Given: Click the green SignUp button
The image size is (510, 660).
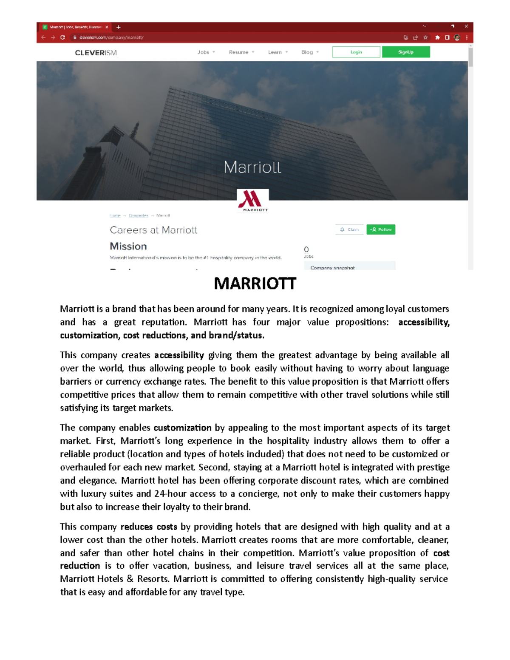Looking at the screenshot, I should pyautogui.click(x=406, y=52).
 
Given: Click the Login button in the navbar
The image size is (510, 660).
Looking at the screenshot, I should pyautogui.click(x=356, y=52).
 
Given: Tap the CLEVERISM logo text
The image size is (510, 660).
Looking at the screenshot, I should pyautogui.click(x=96, y=53).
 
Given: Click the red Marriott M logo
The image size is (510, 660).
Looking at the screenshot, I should pyautogui.click(x=253, y=200).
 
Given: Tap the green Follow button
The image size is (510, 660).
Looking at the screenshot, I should pyautogui.click(x=381, y=229).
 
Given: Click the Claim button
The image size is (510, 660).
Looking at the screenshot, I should pyautogui.click(x=349, y=229).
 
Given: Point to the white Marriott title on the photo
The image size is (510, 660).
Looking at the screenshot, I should pyautogui.click(x=252, y=167).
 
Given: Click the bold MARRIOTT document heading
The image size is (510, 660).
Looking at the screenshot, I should pyautogui.click(x=255, y=283).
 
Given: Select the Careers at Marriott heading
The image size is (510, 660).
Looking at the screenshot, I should pyautogui.click(x=153, y=230).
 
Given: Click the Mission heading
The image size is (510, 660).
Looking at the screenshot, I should pyautogui.click(x=128, y=246).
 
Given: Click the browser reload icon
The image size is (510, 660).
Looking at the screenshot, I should pyautogui.click(x=62, y=37).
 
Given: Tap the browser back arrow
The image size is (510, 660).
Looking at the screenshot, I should pyautogui.click(x=43, y=37).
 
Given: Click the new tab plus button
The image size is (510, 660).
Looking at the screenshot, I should pyautogui.click(x=119, y=27).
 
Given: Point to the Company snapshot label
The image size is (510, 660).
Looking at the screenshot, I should pyautogui.click(x=332, y=268).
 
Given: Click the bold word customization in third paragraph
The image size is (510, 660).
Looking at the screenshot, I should pyautogui.click(x=182, y=428).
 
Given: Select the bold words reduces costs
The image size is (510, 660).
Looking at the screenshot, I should pyautogui.click(x=149, y=527).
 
